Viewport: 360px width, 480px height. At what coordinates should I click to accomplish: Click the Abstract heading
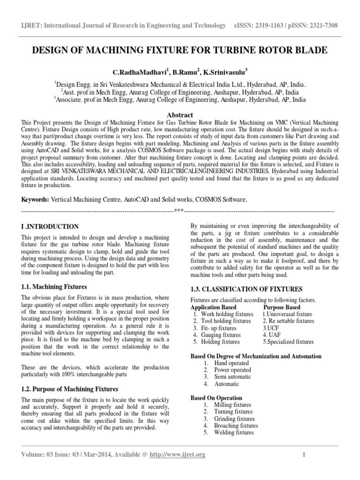180,114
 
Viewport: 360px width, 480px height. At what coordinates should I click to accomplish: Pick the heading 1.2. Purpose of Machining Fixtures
70,390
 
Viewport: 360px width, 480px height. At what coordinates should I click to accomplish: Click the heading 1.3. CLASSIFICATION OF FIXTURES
247,289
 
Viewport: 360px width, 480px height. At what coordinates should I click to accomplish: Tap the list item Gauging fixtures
220,335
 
